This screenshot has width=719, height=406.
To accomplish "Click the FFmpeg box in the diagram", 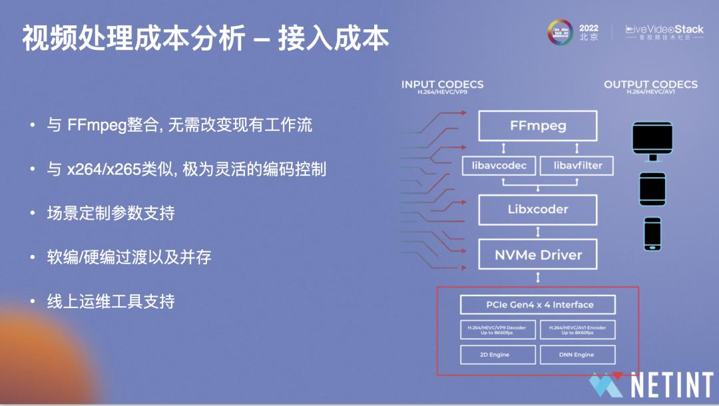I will point(538,125).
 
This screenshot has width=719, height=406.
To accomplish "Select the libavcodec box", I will point(499,165).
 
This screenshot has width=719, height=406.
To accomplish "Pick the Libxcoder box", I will point(538,209).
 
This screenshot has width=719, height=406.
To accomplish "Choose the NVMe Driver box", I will point(538,254).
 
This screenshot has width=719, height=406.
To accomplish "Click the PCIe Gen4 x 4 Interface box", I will point(538,305).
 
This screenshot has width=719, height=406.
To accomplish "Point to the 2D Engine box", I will point(498,355).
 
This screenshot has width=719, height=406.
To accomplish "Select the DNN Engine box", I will point(577,355).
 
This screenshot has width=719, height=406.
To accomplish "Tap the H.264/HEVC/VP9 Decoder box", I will point(498,329).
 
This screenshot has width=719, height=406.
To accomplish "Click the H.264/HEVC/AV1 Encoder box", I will point(577,329).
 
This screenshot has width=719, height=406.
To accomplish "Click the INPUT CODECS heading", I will point(442,85).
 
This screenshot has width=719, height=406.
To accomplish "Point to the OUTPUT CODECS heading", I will point(650,85).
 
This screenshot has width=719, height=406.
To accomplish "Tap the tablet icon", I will point(652,190).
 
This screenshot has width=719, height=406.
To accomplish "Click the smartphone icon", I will point(652,234).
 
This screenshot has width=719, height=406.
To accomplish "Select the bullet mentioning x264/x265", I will point(186,169).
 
